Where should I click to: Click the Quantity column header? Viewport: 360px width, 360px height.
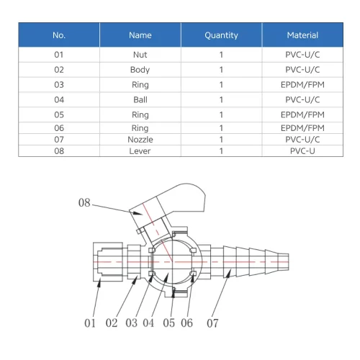(x=221, y=35)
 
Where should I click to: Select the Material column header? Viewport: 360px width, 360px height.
(x=302, y=35)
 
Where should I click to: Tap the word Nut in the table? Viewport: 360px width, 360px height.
(x=140, y=55)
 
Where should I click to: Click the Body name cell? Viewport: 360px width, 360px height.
(x=140, y=70)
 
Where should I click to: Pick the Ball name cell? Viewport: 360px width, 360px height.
(x=140, y=99)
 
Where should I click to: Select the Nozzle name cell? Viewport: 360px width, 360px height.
(x=140, y=140)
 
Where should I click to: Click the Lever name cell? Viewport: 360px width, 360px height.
(x=140, y=151)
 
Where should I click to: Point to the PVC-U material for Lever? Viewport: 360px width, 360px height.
(x=302, y=151)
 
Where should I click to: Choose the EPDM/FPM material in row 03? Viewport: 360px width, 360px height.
(x=302, y=85)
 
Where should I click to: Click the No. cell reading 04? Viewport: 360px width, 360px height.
(x=59, y=99)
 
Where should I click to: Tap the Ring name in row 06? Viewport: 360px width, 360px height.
(x=140, y=128)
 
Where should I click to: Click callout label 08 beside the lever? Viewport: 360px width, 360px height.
(x=84, y=202)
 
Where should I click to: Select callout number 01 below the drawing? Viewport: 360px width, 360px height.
(x=90, y=323)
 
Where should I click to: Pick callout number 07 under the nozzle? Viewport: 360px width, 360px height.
(x=212, y=323)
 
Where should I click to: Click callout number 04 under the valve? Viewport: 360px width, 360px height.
(x=148, y=323)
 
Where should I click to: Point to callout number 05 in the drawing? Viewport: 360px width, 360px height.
(x=168, y=323)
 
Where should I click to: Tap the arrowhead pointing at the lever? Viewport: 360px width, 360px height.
(x=138, y=213)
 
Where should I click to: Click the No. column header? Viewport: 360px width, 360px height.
(x=59, y=35)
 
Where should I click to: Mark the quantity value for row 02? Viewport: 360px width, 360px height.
(x=221, y=70)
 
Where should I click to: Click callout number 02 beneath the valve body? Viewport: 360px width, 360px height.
(x=112, y=323)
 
